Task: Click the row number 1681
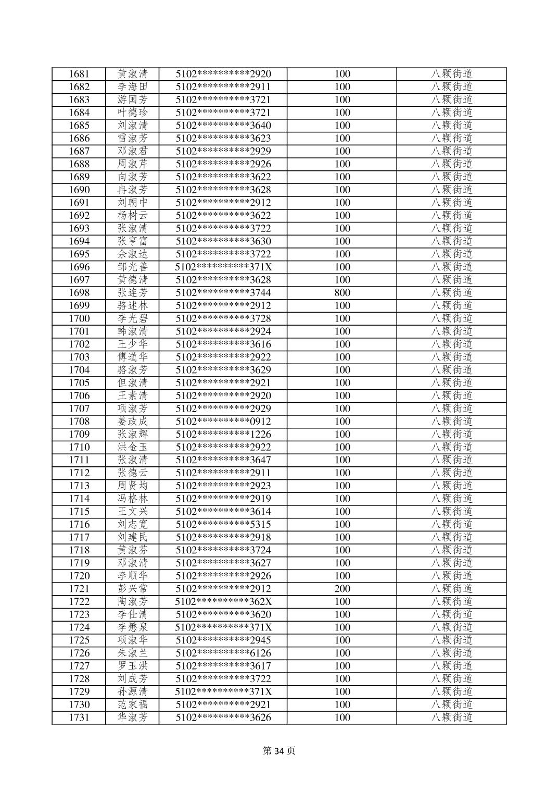click(x=79, y=74)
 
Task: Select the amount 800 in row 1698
click(x=342, y=293)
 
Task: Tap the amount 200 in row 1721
click(x=342, y=589)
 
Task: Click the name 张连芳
click(x=133, y=293)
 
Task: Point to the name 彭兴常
click(x=133, y=589)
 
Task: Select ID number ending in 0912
click(x=223, y=422)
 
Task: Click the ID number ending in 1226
click(x=223, y=435)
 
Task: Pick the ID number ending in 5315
click(x=223, y=525)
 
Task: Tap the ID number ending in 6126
click(x=223, y=653)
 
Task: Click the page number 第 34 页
click(x=279, y=751)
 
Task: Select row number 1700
click(x=79, y=318)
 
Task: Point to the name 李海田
click(x=133, y=87)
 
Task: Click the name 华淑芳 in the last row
click(x=133, y=717)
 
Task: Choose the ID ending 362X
click(x=223, y=602)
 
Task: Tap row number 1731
click(x=79, y=717)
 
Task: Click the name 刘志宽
click(x=133, y=525)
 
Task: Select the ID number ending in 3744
click(x=223, y=293)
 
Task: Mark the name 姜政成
click(x=133, y=422)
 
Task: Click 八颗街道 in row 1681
click(x=451, y=74)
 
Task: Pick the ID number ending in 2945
click(x=223, y=640)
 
